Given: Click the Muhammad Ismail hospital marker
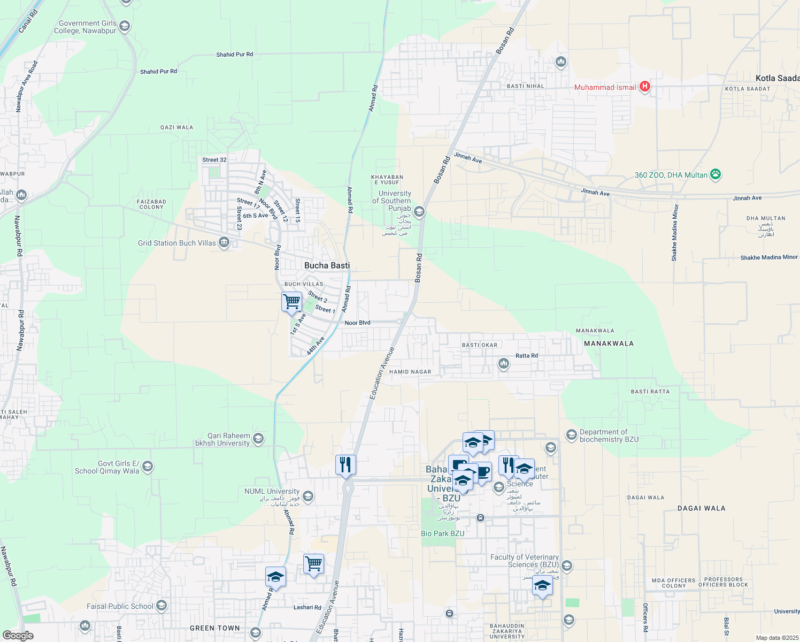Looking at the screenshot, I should click(x=645, y=86).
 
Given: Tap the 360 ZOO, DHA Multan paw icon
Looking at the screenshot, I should click(x=716, y=174).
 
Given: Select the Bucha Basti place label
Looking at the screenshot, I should click(x=327, y=265).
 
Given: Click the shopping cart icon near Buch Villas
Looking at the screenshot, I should click(x=291, y=302).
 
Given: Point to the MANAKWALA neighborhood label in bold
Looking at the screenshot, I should click(x=609, y=343).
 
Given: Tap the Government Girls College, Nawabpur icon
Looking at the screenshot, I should click(x=125, y=26).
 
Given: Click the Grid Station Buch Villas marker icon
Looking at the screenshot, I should click(x=224, y=243).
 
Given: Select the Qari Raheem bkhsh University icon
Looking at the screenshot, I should click(x=258, y=439).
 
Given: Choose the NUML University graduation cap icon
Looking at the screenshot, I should click(x=307, y=495).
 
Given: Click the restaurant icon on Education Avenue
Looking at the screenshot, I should click(x=345, y=464).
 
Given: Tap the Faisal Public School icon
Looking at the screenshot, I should click(x=161, y=606).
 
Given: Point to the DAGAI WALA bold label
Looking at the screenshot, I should click(x=701, y=508).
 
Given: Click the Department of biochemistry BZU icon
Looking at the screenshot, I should click(x=571, y=434).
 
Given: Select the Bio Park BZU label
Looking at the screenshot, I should click(x=442, y=533).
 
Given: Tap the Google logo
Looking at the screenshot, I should click(x=18, y=635).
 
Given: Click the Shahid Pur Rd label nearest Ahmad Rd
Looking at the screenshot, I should click(x=235, y=55).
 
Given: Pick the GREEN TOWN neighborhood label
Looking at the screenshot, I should click(x=215, y=628).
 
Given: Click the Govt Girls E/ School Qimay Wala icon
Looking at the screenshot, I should click(x=148, y=467).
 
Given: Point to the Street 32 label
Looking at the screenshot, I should click(x=214, y=160).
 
